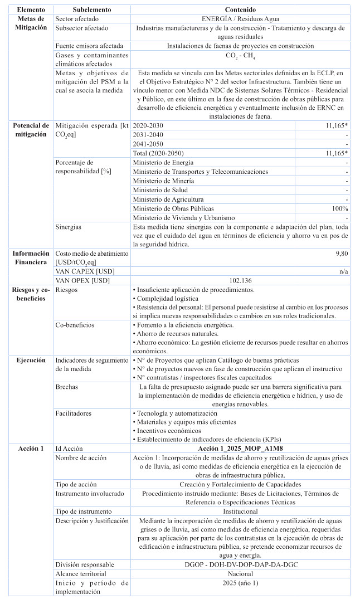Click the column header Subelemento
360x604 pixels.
(x=92, y=10)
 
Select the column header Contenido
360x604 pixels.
(x=240, y=10)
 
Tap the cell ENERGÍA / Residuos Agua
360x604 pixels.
(x=240, y=18)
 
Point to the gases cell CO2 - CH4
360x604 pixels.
(x=240, y=56)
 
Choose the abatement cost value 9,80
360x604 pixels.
(x=342, y=254)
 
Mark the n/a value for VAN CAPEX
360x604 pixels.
(x=343, y=271)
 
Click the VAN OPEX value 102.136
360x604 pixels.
(x=240, y=281)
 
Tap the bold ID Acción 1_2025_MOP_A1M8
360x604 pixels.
(x=240, y=449)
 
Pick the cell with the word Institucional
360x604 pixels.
(x=240, y=511)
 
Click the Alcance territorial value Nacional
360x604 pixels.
(x=240, y=573)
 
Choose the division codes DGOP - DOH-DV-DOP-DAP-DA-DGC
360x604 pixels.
(x=240, y=564)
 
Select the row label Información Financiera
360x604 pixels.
(x=31, y=257)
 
